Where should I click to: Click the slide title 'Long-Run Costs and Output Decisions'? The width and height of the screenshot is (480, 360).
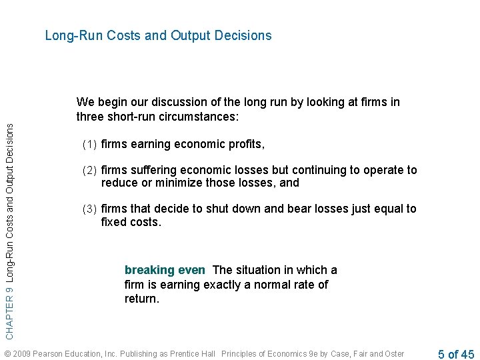pos(158,35)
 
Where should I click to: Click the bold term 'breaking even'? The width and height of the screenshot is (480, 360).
pos(165,270)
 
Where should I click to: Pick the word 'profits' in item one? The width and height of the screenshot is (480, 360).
pos(245,144)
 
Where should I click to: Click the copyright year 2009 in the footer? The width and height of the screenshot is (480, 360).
pos(23,354)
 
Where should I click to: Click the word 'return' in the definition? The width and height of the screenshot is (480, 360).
pos(141,299)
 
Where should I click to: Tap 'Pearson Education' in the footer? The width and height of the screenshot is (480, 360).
pos(63,354)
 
